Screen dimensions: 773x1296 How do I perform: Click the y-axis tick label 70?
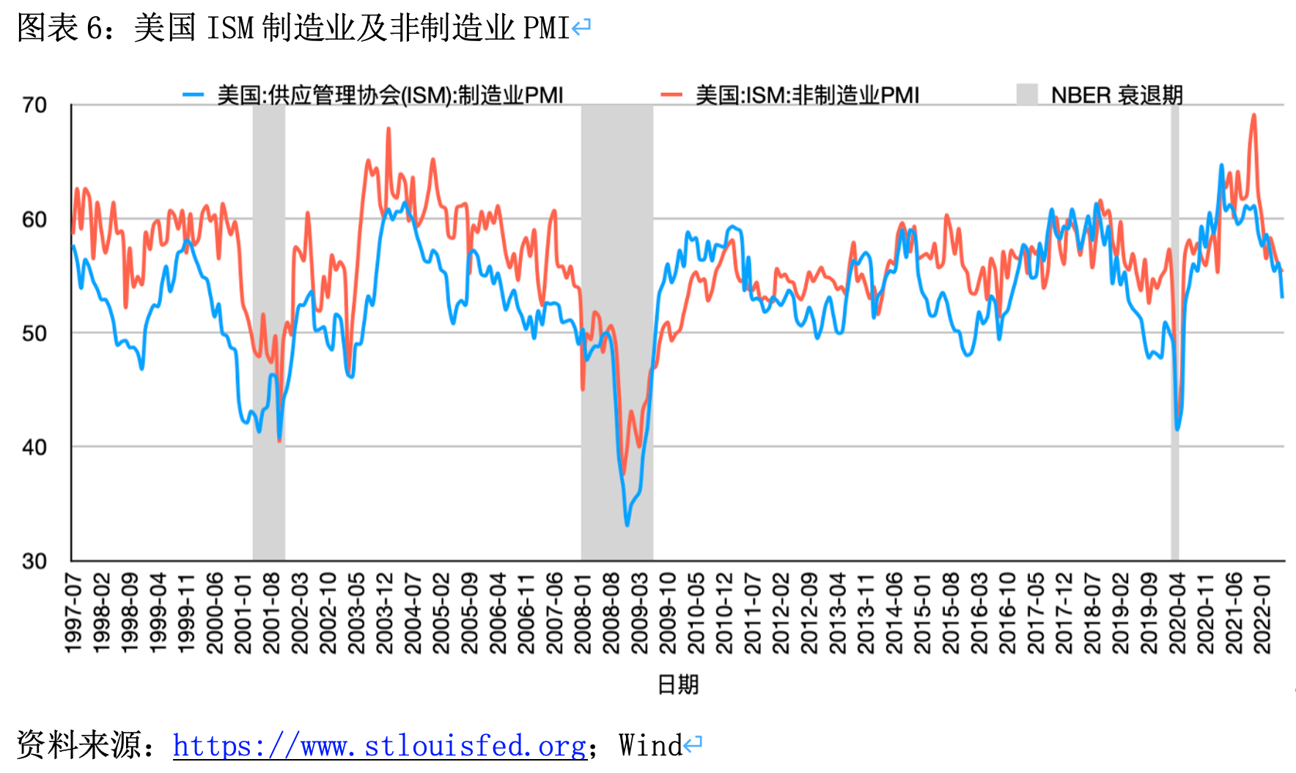pyautogui.click(x=34, y=106)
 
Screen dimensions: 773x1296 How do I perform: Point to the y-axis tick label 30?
pyautogui.click(x=34, y=562)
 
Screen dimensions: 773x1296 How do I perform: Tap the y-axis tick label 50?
pyautogui.click(x=34, y=334)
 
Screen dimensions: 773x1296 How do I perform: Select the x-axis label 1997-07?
pyautogui.click(x=73, y=613)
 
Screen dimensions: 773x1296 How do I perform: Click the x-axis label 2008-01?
pyautogui.click(x=583, y=613)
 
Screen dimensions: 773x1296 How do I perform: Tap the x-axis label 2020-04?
pyautogui.click(x=1177, y=613)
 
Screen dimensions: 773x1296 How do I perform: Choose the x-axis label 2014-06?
pyautogui.click(x=894, y=613)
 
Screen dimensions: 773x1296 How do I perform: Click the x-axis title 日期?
pyautogui.click(x=678, y=684)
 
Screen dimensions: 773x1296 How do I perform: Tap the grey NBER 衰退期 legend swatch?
pyautogui.click(x=1027, y=95)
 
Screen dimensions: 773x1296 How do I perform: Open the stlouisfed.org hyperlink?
pyautogui.click(x=380, y=746)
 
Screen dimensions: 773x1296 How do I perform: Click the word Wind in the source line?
pyautogui.click(x=650, y=746)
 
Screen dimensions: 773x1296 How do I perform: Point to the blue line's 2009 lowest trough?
pyautogui.click(x=627, y=524)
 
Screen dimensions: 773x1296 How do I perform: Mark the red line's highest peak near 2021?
pyautogui.click(x=1254, y=115)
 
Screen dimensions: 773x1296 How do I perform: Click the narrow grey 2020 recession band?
pyautogui.click(x=1175, y=330)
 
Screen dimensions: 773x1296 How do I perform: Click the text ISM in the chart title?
pyautogui.click(x=230, y=29)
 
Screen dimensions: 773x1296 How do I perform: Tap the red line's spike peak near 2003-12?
pyautogui.click(x=389, y=129)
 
